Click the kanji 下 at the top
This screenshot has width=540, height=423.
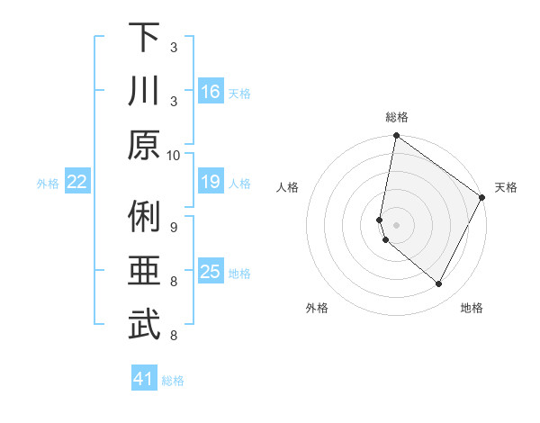[x=144, y=37]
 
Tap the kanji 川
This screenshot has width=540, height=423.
[x=144, y=91]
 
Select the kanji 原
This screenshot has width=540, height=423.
[x=144, y=145]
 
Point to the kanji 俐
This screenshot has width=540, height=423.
[x=144, y=217]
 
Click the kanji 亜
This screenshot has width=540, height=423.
[x=144, y=271]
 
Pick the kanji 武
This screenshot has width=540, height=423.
[x=144, y=325]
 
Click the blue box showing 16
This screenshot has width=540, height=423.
[x=211, y=92]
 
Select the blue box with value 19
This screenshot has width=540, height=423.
[x=211, y=182]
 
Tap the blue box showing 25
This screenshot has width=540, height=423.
[x=211, y=272]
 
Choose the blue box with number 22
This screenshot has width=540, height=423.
[x=77, y=182]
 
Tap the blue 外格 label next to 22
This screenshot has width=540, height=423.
[x=48, y=183]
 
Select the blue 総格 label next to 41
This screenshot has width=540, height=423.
[x=173, y=381]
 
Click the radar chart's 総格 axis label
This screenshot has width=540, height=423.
[x=397, y=117]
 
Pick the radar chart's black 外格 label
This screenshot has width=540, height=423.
[x=317, y=308]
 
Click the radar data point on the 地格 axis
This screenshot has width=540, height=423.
[x=439, y=284]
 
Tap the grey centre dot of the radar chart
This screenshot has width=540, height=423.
[x=397, y=225]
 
